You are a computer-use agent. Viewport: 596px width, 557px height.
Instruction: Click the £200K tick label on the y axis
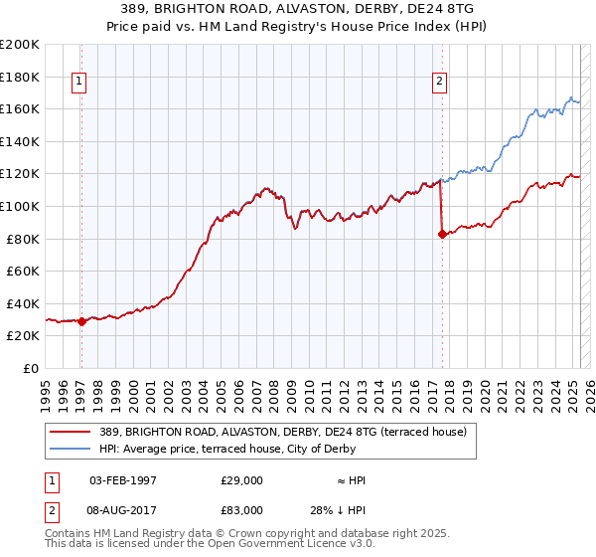20,45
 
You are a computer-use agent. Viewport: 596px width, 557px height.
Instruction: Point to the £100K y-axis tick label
20,207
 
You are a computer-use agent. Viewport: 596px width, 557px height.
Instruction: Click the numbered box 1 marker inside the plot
78,83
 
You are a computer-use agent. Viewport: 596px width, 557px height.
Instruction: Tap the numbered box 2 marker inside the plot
438,83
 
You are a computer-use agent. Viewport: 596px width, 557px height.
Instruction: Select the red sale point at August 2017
441,235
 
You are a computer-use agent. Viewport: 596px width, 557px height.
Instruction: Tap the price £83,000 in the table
242,509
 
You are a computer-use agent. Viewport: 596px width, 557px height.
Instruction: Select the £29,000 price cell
242,480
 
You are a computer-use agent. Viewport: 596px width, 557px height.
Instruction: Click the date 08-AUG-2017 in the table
123,509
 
